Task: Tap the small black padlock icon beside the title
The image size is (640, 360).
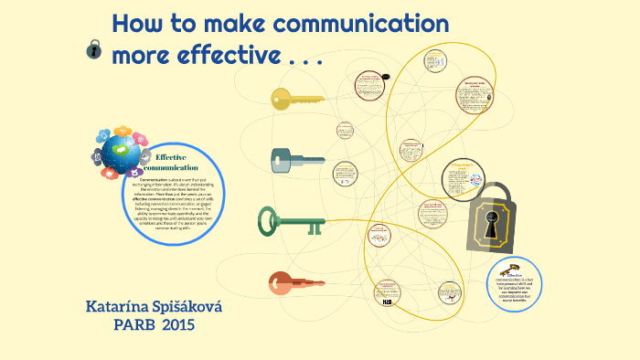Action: [x=92, y=51]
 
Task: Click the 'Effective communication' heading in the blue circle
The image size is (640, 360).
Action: [x=170, y=163]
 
